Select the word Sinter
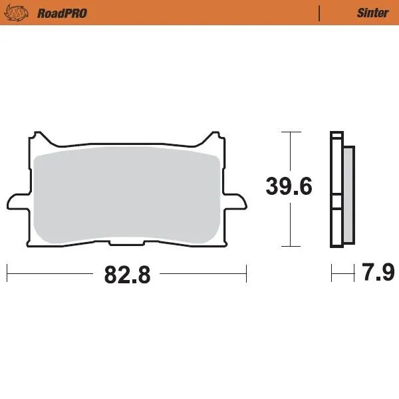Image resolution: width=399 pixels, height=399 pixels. click(372, 13)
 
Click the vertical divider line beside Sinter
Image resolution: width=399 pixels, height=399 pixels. click(320, 13)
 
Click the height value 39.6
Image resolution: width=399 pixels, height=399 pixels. click(289, 187)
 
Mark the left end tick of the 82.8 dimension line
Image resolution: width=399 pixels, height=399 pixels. click(7, 273)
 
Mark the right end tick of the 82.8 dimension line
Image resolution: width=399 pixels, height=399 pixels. click(247, 273)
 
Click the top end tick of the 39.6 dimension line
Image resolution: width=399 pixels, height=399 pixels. click(288, 132)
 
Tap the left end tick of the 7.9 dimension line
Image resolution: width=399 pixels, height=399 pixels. click(331, 273)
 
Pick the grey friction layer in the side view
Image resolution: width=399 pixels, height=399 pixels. click(348, 193)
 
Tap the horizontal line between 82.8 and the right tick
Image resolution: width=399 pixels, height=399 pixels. click(203, 273)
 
